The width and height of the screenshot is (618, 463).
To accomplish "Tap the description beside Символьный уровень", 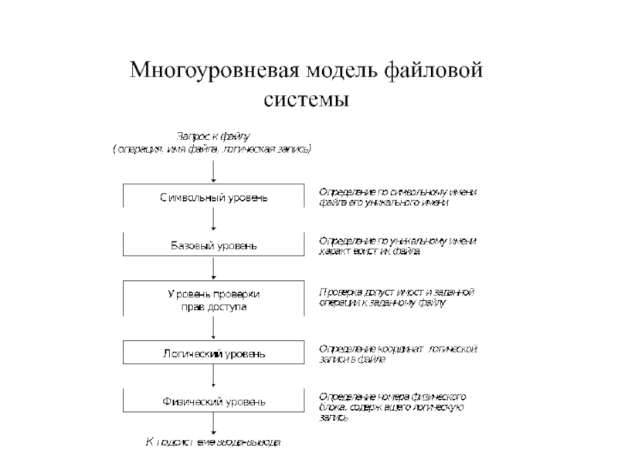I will coord(397,196).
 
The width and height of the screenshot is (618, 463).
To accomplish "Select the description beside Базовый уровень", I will coord(397,246).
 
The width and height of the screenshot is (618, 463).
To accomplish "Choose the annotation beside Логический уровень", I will coord(398,353).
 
